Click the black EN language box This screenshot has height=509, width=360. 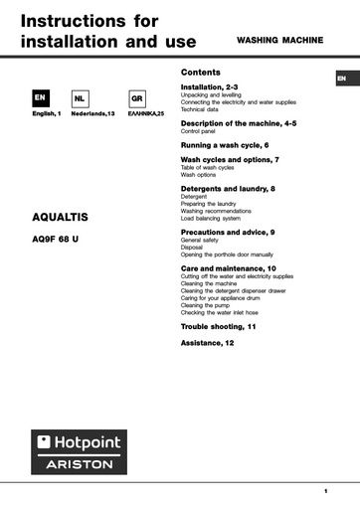tap(40, 99)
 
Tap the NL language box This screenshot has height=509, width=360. tap(80, 99)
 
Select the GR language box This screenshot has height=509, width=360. tap(137, 99)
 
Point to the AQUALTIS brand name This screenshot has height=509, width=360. tap(61, 216)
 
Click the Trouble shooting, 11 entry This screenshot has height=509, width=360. tap(218, 326)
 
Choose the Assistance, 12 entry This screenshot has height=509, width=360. tap(207, 342)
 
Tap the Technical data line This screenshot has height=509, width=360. tap(200, 108)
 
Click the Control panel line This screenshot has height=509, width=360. tap(198, 130)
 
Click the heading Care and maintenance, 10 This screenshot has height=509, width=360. tap(229, 268)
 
